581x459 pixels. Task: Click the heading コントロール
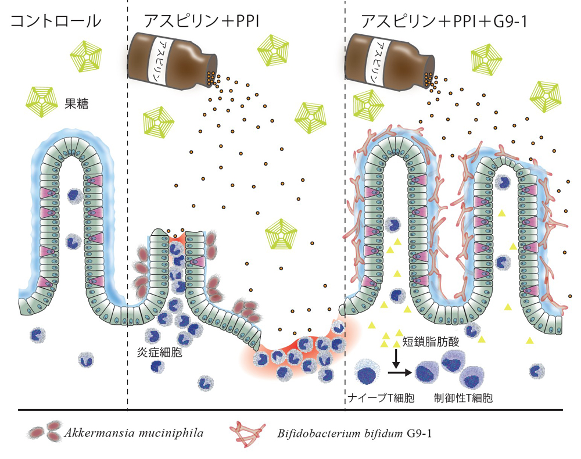coord(56,22)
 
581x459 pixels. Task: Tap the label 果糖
coord(75,106)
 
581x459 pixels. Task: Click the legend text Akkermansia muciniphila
coord(133,433)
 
